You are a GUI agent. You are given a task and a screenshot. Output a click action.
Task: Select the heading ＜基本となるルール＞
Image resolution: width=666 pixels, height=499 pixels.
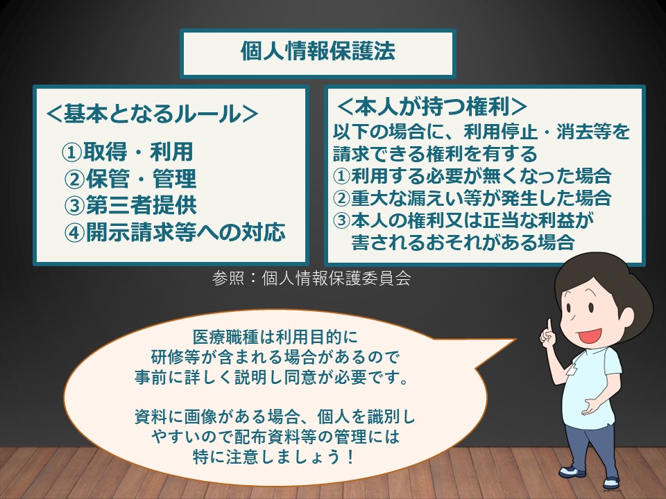click(x=152, y=114)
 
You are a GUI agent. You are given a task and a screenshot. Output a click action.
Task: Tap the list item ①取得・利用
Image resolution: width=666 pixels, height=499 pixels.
click(x=128, y=152)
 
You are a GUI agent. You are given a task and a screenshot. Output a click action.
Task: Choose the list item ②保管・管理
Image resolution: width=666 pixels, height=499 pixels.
click(x=130, y=179)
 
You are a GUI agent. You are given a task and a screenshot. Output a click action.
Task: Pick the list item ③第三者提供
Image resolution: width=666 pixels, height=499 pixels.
click(x=130, y=206)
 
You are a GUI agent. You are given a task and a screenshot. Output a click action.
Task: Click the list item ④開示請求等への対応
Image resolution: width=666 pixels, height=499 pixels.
click(x=175, y=233)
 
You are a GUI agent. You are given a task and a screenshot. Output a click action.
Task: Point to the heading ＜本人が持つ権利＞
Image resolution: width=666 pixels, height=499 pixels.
click(x=431, y=107)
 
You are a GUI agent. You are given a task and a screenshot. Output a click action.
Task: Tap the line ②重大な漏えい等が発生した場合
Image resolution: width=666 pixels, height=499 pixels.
click(x=472, y=198)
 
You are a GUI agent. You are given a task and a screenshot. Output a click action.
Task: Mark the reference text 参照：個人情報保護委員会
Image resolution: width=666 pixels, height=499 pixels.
click(x=311, y=279)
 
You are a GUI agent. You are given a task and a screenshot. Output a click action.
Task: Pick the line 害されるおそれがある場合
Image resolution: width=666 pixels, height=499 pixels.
click(x=463, y=242)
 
